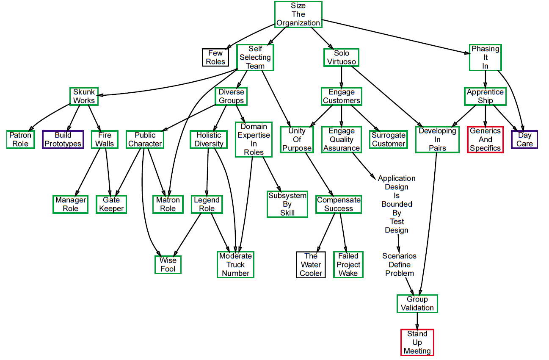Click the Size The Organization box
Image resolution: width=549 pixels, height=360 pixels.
pos(298,14)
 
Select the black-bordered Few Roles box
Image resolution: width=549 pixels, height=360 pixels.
pos(215,57)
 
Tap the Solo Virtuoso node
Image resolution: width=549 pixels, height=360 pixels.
pos(342,57)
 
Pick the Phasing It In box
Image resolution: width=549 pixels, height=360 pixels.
pos(485,57)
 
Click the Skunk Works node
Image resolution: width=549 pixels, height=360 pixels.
pos(84,96)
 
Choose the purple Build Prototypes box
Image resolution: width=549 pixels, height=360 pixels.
pos(63,139)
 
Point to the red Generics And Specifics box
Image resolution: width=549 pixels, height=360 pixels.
pos(485,139)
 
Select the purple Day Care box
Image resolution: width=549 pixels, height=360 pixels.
pos(524,139)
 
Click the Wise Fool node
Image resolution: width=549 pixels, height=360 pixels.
pos(168,265)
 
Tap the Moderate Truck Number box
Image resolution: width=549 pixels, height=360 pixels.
pos(235,265)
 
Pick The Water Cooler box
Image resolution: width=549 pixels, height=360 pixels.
pos(311,265)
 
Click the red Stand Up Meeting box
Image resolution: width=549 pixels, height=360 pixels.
pos(417,342)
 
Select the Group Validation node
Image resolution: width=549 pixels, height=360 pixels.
pos(417,304)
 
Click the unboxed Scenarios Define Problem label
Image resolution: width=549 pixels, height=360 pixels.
pos(400,265)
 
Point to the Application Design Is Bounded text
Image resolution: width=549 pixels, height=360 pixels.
pos(397,191)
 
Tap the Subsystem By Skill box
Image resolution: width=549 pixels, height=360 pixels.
pos(287,204)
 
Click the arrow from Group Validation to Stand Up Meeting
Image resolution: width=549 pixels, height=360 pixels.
pos(417,321)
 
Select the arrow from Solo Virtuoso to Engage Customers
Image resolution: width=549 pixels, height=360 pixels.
pos(342,77)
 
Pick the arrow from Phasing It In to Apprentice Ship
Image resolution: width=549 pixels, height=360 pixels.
pos(485,79)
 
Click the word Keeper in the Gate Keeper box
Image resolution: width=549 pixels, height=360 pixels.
pos(111,208)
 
